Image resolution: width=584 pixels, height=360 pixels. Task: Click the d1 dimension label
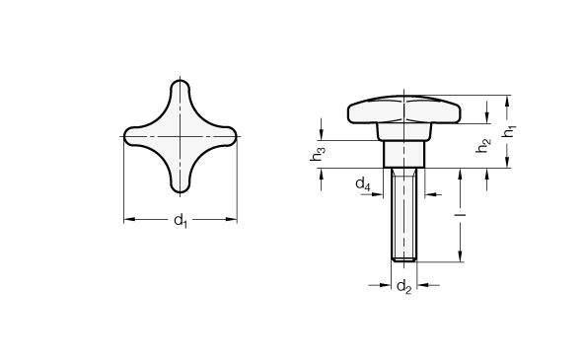[x=181, y=220]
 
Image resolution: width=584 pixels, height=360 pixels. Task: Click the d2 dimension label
[x=404, y=287]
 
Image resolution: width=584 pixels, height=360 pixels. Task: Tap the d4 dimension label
[x=363, y=183]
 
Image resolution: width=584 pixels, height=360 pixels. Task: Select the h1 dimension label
[x=509, y=131]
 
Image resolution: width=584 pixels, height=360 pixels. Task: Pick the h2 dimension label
[x=483, y=145]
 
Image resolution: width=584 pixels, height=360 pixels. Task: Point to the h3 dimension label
[x=318, y=154]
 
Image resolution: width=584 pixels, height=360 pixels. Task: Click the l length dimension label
[x=461, y=215]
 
